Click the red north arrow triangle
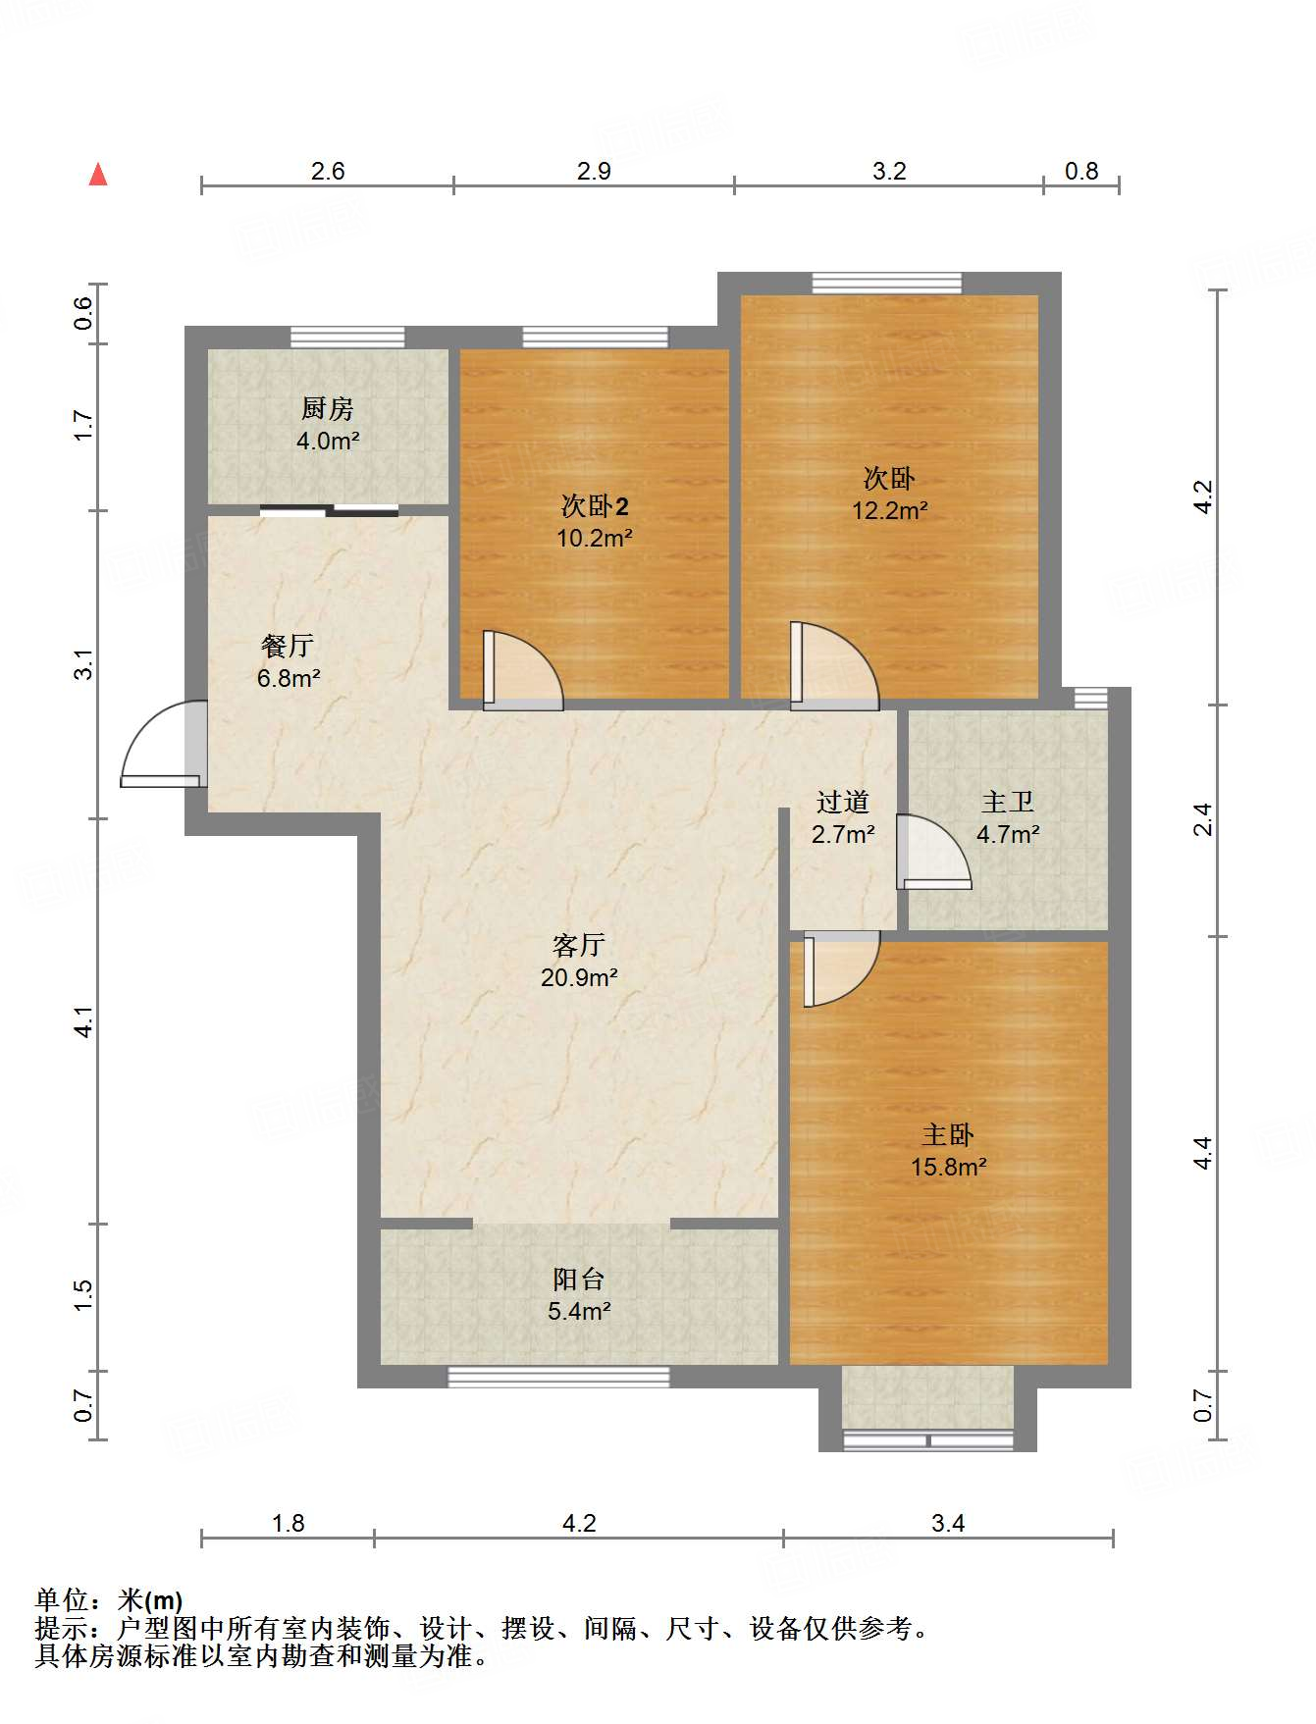point(98,175)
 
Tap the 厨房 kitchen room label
point(327,408)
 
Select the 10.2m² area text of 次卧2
point(594,539)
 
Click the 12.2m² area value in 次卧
point(889,511)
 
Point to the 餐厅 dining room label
point(288,646)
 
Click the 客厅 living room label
point(578,945)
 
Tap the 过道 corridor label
point(843,803)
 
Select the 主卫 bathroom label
point(1008,803)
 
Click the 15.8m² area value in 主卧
point(948,1168)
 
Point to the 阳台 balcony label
point(578,1280)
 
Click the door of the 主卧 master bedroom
point(839,969)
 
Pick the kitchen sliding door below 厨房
point(330,510)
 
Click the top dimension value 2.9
point(594,172)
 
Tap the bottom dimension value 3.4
point(948,1524)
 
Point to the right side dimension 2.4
point(1203,820)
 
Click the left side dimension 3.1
point(84,664)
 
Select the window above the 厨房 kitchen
point(347,338)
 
